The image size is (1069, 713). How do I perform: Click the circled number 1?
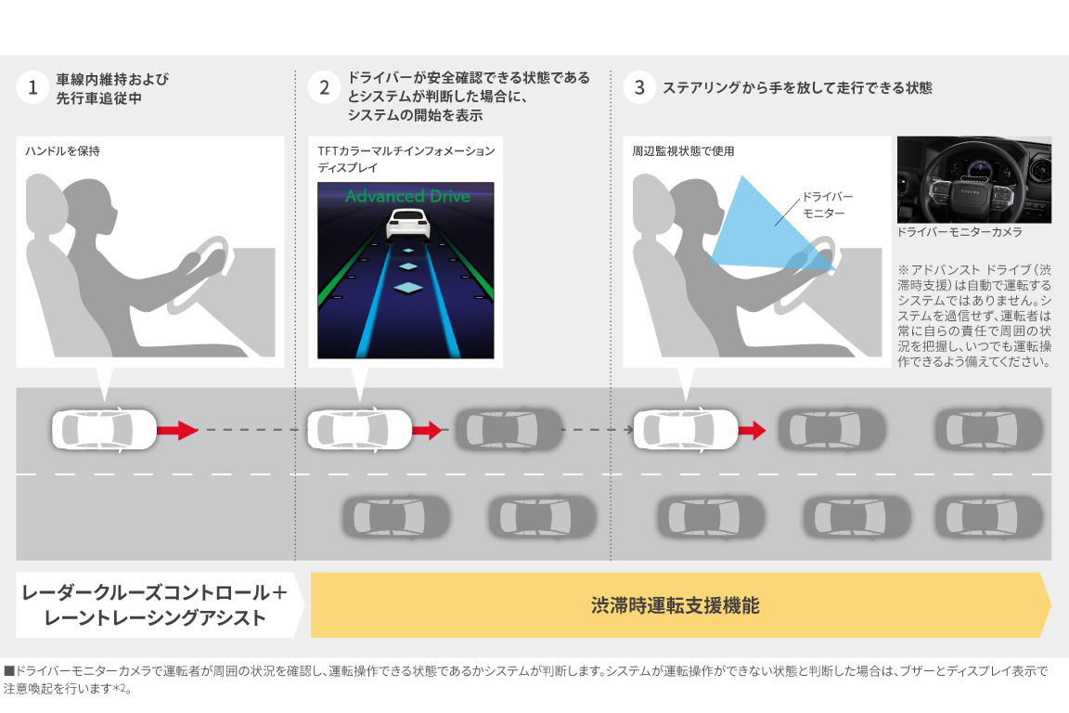pos(32,88)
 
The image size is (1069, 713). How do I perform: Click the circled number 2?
pos(324,88)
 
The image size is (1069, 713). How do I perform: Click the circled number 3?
pos(639,88)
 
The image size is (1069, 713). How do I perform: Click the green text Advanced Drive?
pos(406,196)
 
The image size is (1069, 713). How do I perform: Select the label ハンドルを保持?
pos(64,150)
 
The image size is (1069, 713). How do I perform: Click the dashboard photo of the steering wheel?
pos(973,179)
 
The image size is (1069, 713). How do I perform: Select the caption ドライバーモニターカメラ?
pos(960,232)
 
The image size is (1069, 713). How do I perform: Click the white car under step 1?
pos(103,430)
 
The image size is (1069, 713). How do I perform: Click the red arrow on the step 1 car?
pos(176,430)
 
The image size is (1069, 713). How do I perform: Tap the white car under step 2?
pos(358,430)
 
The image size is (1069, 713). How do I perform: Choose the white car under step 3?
pos(685,430)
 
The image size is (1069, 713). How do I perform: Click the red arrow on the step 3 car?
pos(752,430)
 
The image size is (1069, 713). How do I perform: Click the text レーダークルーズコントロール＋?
pos(154,592)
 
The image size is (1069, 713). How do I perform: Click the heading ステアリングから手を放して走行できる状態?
pos(797,88)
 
